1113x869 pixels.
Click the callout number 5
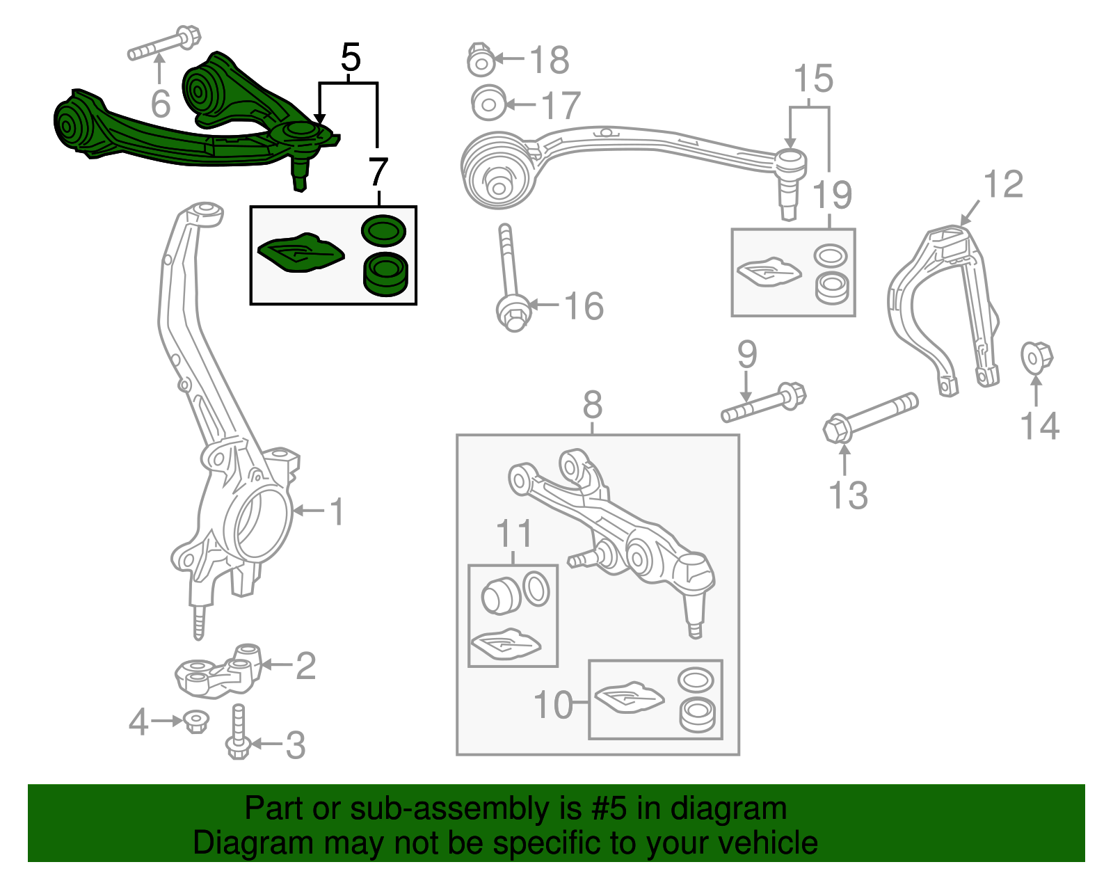[351, 58]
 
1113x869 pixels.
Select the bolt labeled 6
[164, 44]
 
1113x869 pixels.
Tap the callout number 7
[378, 172]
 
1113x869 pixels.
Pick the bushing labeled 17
[488, 104]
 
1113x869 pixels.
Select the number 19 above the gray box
[832, 195]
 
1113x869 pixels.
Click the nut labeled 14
[1036, 357]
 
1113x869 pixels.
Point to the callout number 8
[592, 404]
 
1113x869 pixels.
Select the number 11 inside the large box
[514, 534]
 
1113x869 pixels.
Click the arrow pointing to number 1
[309, 511]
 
